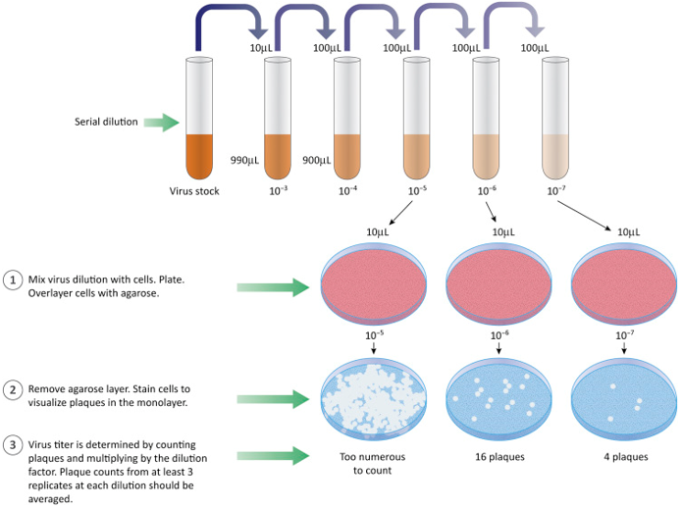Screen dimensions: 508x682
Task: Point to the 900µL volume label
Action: tap(316, 160)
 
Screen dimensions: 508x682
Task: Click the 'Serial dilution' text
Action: tap(106, 123)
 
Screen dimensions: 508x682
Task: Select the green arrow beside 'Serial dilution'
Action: tap(161, 123)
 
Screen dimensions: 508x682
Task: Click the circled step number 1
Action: tap(13, 279)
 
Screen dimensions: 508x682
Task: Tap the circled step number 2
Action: tap(13, 389)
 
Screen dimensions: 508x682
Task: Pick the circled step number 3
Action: tap(13, 445)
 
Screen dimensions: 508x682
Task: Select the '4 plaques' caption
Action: tap(624, 457)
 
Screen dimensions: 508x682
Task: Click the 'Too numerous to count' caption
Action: tap(372, 464)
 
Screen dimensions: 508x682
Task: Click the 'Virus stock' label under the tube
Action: tap(194, 191)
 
